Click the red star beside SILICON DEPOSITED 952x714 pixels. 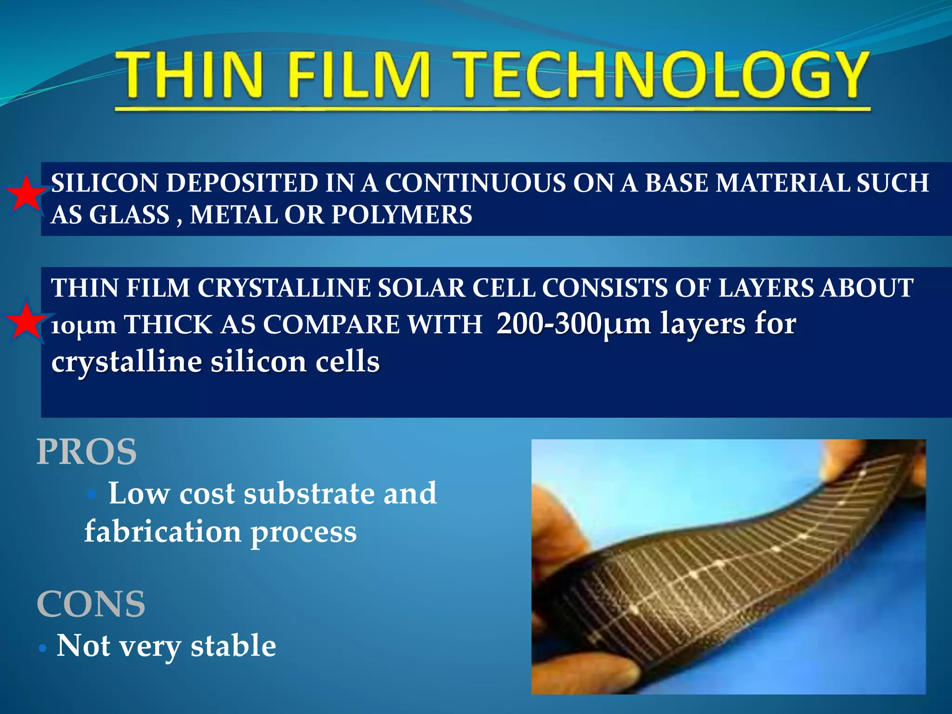(x=26, y=193)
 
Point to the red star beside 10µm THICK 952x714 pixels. (x=26, y=321)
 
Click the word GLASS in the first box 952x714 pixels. (x=129, y=215)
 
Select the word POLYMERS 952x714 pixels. (x=402, y=215)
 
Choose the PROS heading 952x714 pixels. (x=86, y=452)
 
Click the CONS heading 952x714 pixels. (x=91, y=604)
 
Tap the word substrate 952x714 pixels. (x=309, y=494)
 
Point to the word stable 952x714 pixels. (x=233, y=646)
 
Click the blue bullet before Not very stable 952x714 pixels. (x=43, y=648)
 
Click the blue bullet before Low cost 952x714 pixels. (x=92, y=495)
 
